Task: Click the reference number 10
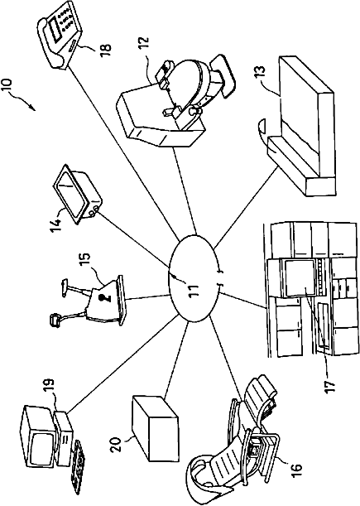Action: coord(7,84)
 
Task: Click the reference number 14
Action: coord(55,225)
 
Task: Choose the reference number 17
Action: coord(330,384)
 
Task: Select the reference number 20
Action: coord(116,445)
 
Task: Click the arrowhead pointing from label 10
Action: coord(31,108)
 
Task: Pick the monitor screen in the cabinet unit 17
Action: coord(300,278)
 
